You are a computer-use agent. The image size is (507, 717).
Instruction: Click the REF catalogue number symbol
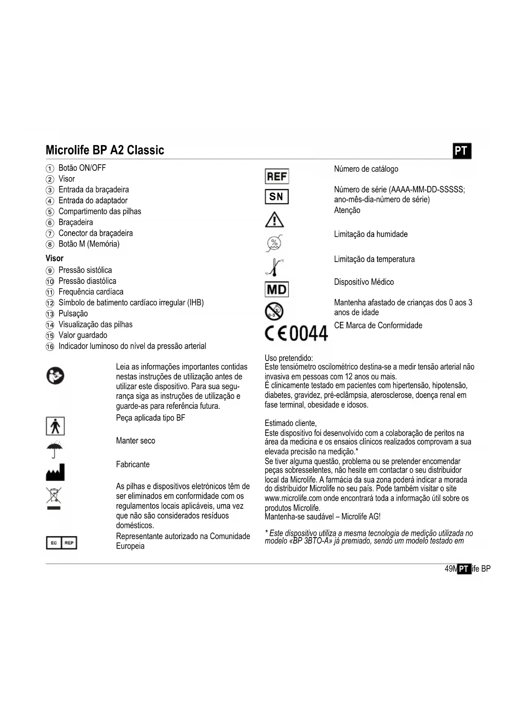click(277, 177)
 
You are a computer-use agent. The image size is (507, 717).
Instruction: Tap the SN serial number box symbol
click(277, 197)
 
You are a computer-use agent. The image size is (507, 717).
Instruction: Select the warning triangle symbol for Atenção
click(275, 220)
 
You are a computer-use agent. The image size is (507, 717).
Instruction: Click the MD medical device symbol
click(277, 289)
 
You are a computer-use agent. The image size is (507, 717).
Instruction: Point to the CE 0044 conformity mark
click(296, 333)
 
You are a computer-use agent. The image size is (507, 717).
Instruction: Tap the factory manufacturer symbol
click(55, 472)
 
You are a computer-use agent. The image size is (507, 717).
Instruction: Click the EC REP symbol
click(61, 542)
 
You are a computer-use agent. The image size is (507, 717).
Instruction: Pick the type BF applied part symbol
click(55, 426)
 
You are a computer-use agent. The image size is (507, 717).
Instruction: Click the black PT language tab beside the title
click(462, 151)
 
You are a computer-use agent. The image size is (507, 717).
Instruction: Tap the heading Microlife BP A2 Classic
click(105, 150)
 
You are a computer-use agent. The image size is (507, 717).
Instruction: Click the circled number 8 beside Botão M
click(50, 244)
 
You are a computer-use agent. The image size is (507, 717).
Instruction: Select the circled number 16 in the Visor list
click(50, 347)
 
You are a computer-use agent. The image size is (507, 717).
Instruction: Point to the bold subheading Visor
click(54, 258)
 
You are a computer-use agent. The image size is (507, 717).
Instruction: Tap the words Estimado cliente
click(290, 423)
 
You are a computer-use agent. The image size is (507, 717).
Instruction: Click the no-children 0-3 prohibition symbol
click(274, 311)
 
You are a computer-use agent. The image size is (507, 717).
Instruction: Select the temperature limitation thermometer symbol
click(275, 267)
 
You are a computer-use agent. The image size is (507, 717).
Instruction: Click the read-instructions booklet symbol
click(55, 376)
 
